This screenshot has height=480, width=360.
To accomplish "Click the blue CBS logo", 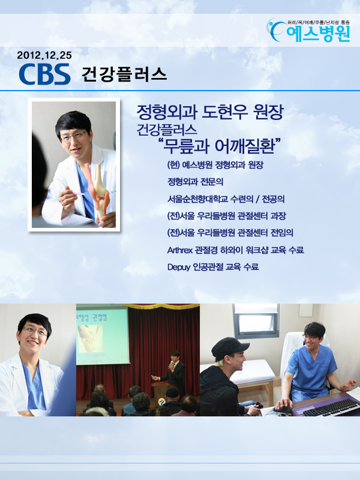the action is point(44,74).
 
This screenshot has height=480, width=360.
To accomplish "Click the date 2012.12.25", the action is point(44,55).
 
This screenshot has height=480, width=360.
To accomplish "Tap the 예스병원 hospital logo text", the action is point(318,34).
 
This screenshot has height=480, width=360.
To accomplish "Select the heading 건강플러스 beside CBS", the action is point(124,74).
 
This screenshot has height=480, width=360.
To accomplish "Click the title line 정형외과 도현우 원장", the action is point(210,112).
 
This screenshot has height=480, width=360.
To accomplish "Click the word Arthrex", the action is point(180,250).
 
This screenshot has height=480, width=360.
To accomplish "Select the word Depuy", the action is point(178,267).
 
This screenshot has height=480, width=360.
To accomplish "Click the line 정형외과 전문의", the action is point(196,182).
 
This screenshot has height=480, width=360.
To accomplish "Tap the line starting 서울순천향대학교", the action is point(226,199).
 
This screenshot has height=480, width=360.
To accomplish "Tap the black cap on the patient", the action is point(230,348).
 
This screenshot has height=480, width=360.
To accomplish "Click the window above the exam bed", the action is point(256,320).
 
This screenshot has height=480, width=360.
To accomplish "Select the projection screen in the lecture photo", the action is point(102,335).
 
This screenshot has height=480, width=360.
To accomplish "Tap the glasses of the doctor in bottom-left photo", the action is point(35,332).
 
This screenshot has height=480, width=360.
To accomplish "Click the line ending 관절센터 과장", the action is point(227,216).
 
